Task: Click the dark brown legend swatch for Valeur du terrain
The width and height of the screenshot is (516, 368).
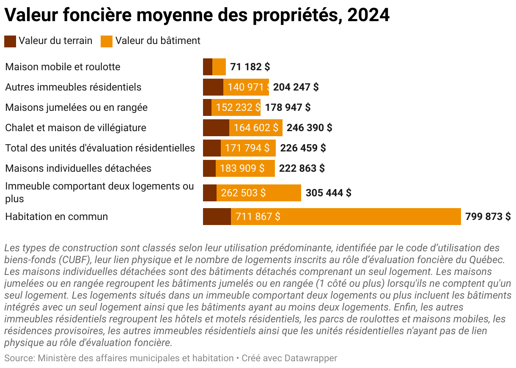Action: click(10, 41)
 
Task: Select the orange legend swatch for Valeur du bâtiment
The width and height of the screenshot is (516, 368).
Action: click(107, 41)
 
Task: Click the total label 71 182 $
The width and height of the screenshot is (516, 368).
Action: click(250, 67)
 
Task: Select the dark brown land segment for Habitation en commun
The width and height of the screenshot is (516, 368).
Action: click(217, 217)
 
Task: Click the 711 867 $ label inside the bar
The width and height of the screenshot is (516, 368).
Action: click(258, 217)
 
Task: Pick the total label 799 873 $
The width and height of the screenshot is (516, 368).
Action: click(488, 217)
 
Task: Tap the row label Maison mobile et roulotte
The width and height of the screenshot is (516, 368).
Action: click(63, 67)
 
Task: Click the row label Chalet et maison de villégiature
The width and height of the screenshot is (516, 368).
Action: click(76, 128)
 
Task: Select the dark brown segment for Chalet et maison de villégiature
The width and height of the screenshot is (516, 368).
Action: click(216, 128)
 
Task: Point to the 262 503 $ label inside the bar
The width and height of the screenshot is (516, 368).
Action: click(243, 193)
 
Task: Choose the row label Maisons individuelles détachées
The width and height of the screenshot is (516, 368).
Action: click(78, 168)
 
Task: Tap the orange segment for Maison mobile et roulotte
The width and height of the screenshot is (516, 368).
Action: click(219, 67)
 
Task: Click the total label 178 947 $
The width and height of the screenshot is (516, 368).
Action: click(288, 107)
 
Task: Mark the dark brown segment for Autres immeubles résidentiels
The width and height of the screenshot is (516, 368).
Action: click(213, 87)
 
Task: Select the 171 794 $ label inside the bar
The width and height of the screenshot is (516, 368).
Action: click(247, 148)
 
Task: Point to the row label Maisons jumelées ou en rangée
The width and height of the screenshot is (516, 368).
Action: click(76, 107)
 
